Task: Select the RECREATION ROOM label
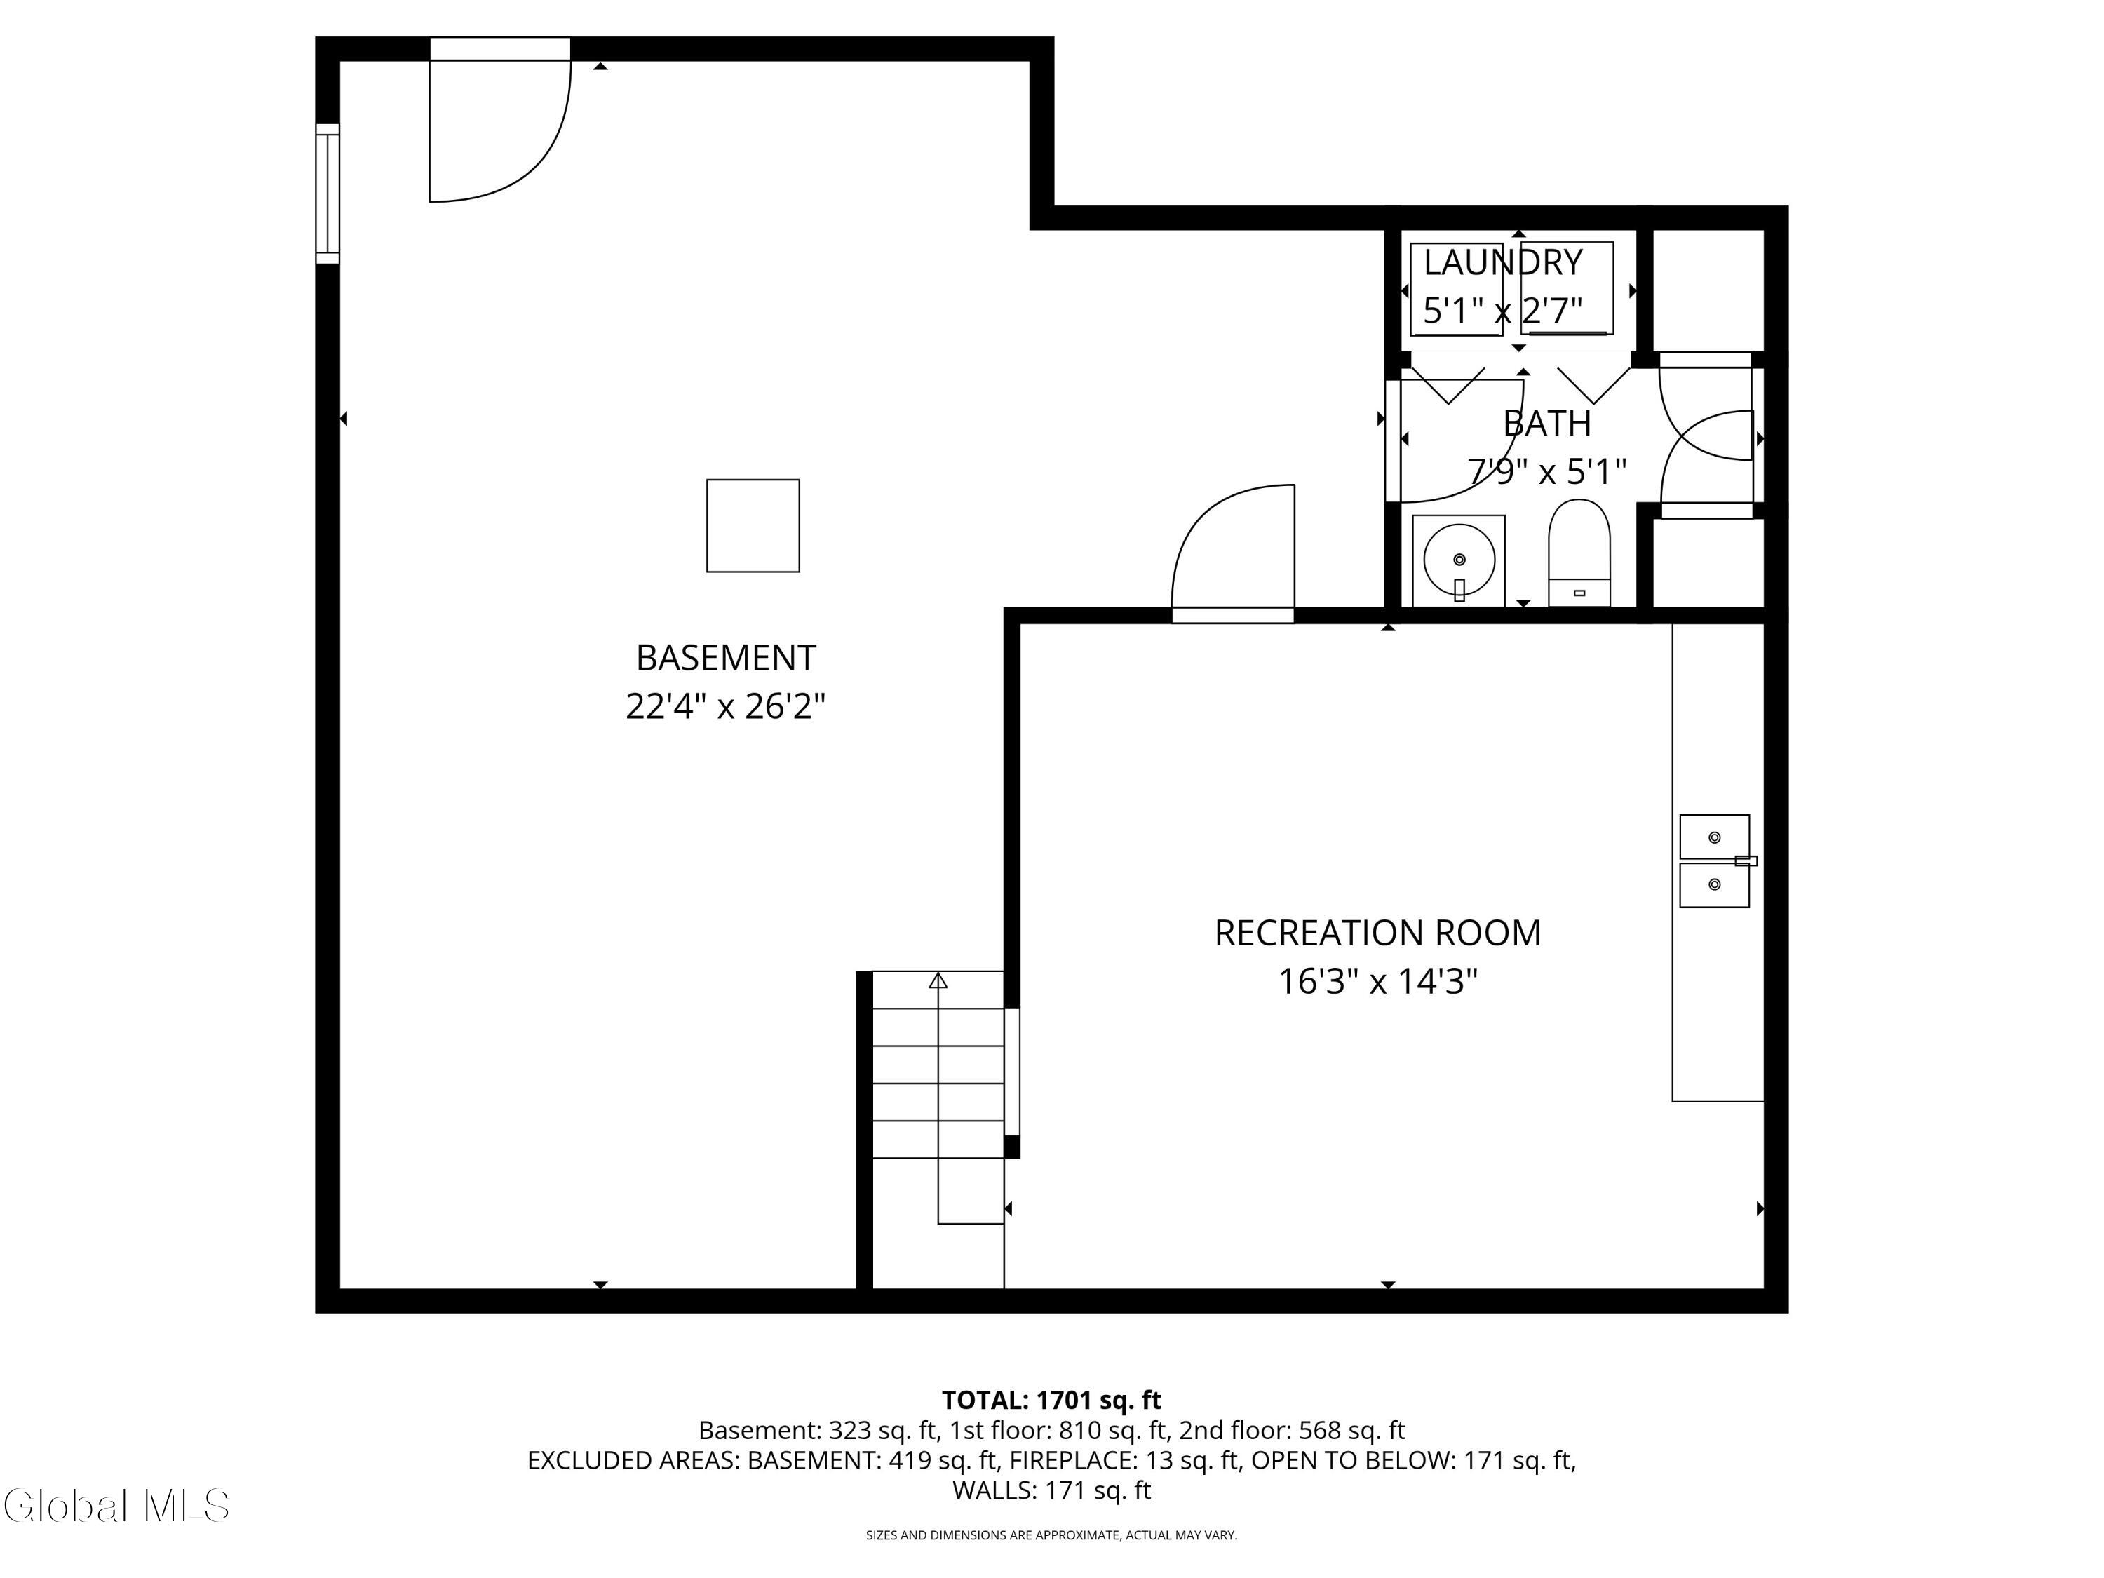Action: coord(1377,933)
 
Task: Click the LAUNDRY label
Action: coord(1502,262)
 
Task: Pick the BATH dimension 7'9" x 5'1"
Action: coord(1546,471)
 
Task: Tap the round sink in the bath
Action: coord(1458,561)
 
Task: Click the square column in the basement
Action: coord(753,526)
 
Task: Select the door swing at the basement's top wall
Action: coord(499,128)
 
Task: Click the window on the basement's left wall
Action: coord(328,193)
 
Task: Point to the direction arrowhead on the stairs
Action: coord(938,980)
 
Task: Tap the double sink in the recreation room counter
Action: coord(1714,861)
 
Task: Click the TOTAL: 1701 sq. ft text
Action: coord(1051,1400)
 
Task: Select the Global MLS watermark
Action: coord(116,1506)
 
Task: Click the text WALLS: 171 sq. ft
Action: coord(1051,1490)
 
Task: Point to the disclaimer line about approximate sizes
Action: coord(1051,1535)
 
